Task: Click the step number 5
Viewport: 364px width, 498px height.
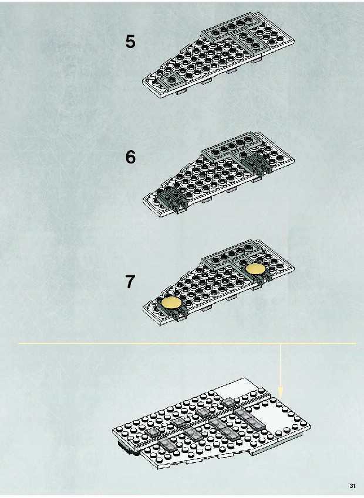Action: click(130, 42)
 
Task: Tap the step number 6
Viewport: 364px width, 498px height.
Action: click(130, 157)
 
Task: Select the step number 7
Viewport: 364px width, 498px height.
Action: click(130, 282)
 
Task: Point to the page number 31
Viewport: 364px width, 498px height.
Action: click(352, 486)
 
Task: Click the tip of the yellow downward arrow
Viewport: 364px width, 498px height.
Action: click(280, 398)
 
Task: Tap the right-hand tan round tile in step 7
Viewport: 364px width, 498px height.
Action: click(255, 269)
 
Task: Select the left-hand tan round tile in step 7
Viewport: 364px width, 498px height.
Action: click(171, 303)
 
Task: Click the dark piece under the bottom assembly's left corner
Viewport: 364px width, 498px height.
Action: click(128, 448)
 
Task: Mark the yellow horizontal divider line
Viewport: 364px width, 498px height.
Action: click(187, 343)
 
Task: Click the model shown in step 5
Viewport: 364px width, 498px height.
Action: click(218, 56)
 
